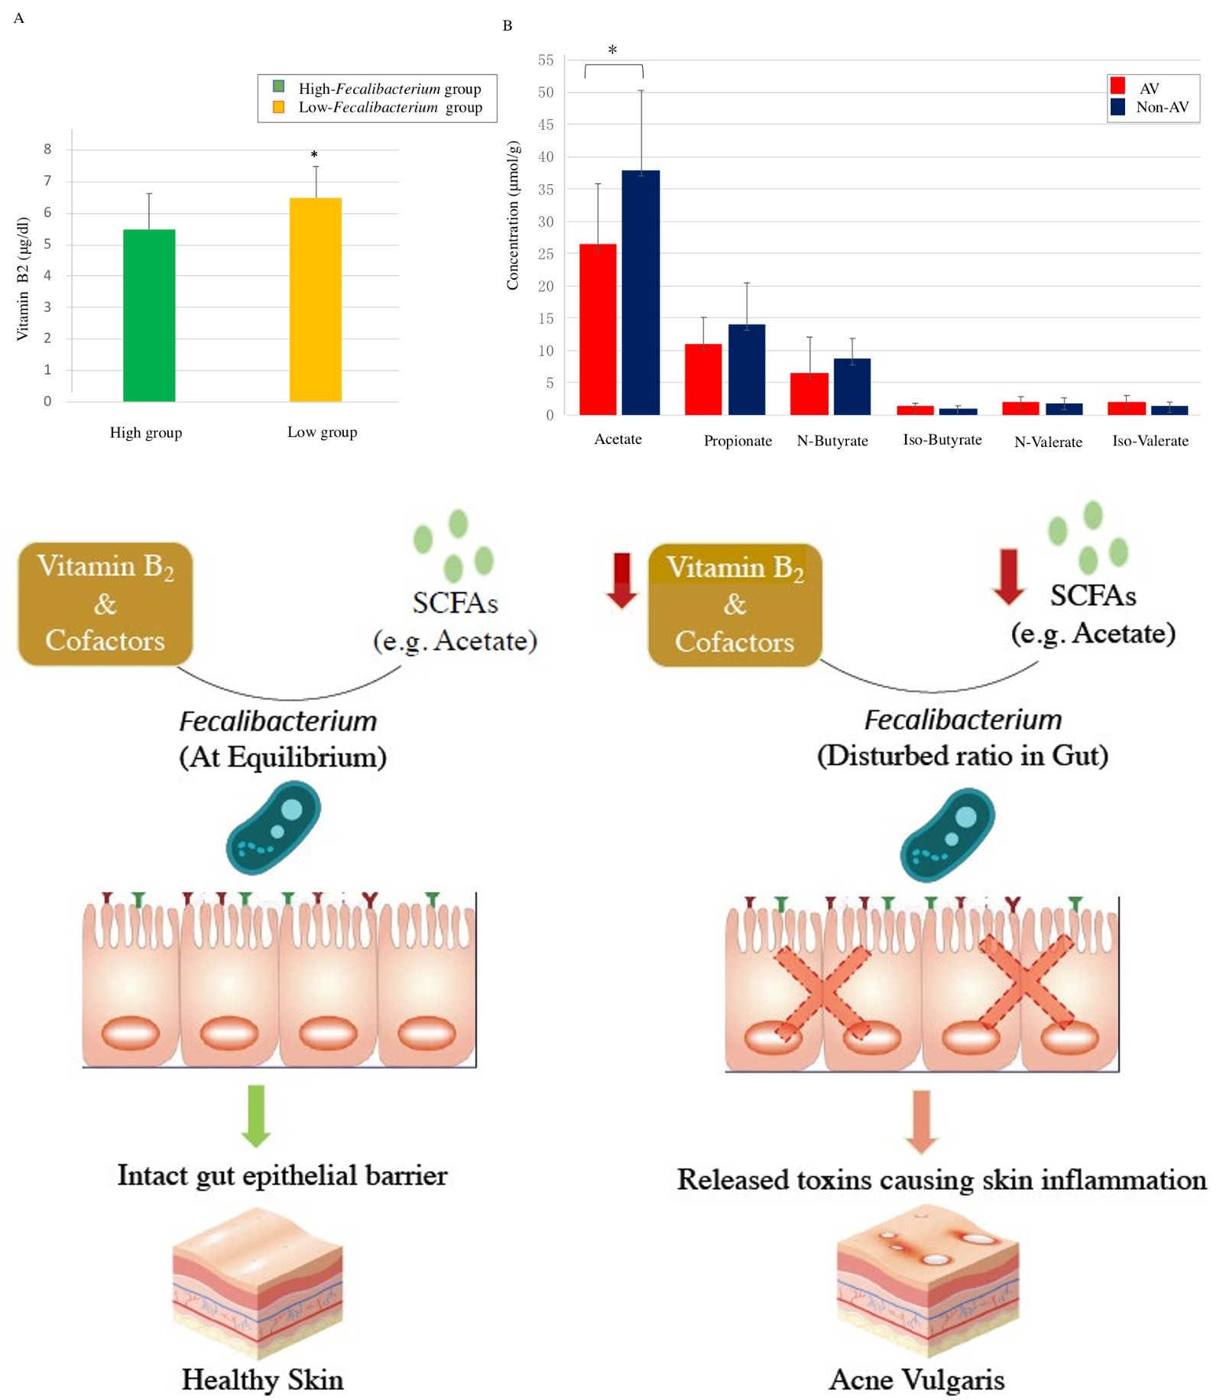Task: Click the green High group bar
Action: [149, 315]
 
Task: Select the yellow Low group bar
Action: [315, 300]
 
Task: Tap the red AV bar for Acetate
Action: [598, 329]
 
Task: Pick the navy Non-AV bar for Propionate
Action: [747, 370]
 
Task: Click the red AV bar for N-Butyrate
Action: [809, 394]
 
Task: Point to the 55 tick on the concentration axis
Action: [545, 60]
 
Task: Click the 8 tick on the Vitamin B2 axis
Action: [47, 149]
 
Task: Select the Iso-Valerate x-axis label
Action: [1150, 441]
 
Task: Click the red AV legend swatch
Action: [1118, 86]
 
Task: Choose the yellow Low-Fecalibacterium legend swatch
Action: [279, 107]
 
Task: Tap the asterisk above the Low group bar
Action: [314, 155]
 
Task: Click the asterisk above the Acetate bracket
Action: [612, 50]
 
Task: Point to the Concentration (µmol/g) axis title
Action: [513, 216]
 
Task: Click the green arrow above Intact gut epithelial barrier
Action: [256, 1116]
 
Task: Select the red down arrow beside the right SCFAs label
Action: [1009, 576]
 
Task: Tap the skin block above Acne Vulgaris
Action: [927, 1272]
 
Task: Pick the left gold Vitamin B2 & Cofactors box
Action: [105, 604]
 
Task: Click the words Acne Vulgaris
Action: [916, 1380]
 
